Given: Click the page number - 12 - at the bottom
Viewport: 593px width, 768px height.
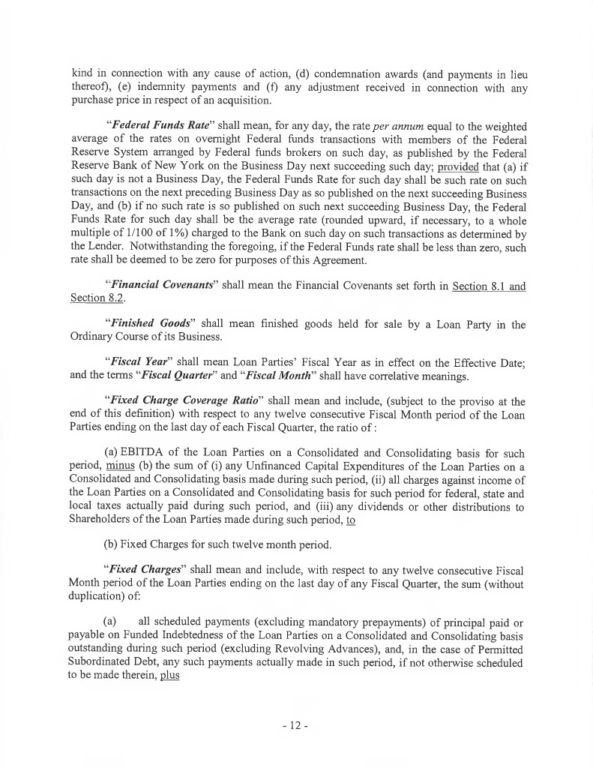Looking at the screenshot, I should click(x=296, y=726).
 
